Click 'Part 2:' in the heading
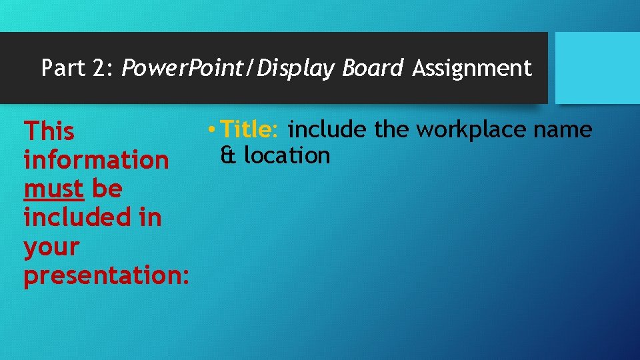(77, 68)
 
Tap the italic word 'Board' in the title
(373, 68)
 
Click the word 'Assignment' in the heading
(472, 68)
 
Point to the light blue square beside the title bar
(597, 67)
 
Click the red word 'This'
(49, 131)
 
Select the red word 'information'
(96, 160)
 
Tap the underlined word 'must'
(53, 189)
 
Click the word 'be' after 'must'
(107, 189)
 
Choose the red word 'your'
(51, 247)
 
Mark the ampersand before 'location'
(227, 155)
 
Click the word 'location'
(287, 155)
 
